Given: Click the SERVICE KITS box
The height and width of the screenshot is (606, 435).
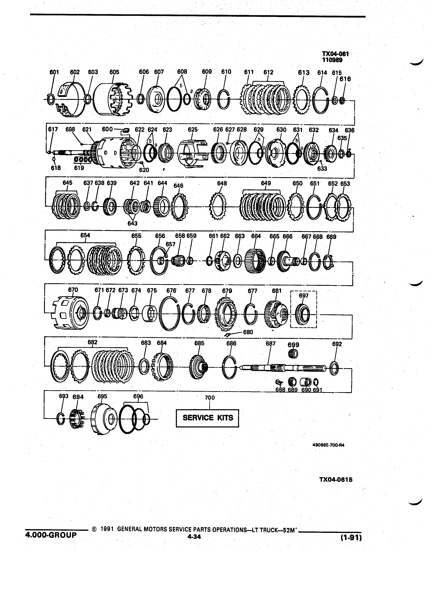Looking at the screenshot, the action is (207, 418).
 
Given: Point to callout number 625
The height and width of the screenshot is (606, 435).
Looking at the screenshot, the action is (193, 130).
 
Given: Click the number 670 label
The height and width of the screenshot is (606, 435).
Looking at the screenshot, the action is (73, 290).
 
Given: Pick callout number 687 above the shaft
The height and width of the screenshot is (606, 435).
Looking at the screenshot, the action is (270, 343).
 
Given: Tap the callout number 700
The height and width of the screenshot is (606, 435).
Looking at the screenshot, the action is (210, 398).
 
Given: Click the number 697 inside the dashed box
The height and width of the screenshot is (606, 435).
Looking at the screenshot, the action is (304, 296).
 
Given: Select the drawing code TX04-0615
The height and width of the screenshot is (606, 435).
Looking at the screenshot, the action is (336, 480).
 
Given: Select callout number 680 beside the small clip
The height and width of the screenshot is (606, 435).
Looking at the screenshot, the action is (248, 332).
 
